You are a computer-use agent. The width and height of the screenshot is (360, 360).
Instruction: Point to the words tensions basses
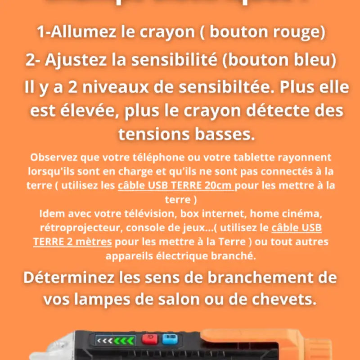186,133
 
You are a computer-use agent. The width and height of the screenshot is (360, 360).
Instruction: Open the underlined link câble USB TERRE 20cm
176,185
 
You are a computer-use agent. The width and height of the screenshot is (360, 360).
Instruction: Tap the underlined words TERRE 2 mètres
72,242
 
